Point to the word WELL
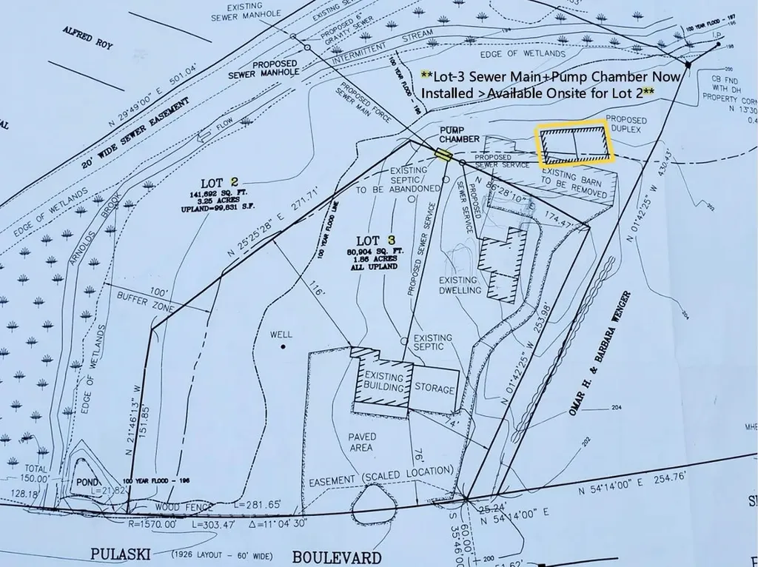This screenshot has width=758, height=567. pos(281,335)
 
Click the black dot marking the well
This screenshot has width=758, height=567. pos(284,346)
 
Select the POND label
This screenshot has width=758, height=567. pos(87,482)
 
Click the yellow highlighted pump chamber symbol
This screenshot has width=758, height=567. pos(443,154)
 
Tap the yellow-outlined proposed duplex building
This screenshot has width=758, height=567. pos(575,144)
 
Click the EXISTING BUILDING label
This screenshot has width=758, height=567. pos(384,382)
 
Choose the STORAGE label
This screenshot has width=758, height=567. pos(435,387)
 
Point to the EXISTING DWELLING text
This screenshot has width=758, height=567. pos(460,285)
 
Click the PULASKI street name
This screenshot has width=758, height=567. pos(121,554)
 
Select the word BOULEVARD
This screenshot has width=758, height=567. pos(337,557)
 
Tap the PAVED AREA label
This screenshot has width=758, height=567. pos(362,442)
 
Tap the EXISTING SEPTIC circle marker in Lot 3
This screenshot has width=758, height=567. pos(403,340)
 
